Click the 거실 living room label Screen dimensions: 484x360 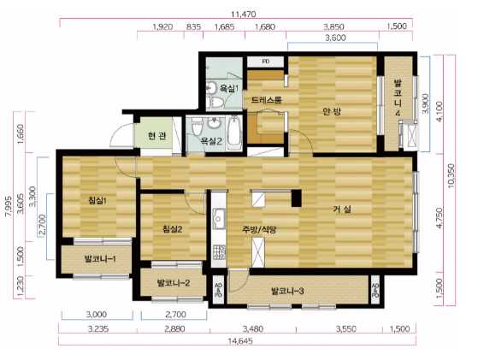pyautogui.click(x=342, y=210)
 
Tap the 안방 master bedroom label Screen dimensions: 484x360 pyautogui.click(x=332, y=111)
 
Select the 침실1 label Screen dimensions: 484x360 pyautogui.click(x=97, y=201)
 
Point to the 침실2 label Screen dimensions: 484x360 pyautogui.click(x=172, y=229)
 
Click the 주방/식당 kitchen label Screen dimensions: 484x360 pyautogui.click(x=259, y=229)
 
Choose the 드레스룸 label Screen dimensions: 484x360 pyautogui.click(x=267, y=100)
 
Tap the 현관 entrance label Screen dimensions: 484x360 pyautogui.click(x=157, y=136)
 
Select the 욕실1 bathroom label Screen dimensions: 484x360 pyautogui.click(x=229, y=89)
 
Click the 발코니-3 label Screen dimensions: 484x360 pyautogui.click(x=287, y=291)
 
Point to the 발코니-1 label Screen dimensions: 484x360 pyautogui.click(x=100, y=258)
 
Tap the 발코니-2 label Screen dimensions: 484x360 pyautogui.click(x=174, y=282)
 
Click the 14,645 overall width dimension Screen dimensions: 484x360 pyautogui.click(x=240, y=341)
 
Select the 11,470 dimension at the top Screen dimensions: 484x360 pyautogui.click(x=244, y=14)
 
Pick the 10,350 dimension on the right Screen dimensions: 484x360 pyautogui.click(x=451, y=175)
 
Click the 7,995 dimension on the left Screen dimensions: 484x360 pyautogui.click(x=9, y=207)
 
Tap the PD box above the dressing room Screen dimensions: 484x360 pyautogui.click(x=265, y=62)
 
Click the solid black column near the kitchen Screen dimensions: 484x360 pyautogui.click(x=297, y=198)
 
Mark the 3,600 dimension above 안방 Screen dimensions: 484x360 pyautogui.click(x=335, y=38)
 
